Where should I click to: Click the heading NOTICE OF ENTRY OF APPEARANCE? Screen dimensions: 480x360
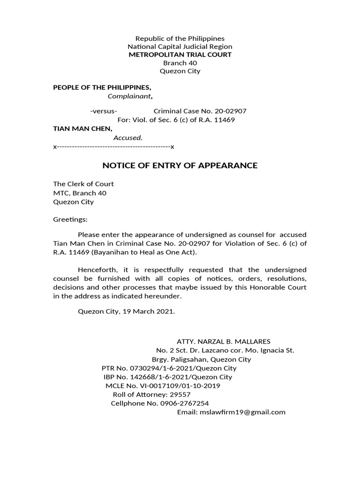180,165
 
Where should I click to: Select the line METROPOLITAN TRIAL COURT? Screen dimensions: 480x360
180,55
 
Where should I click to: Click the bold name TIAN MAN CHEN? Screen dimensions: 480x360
82,128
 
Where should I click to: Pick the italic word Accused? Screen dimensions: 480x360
127,138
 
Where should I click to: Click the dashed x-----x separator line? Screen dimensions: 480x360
113,147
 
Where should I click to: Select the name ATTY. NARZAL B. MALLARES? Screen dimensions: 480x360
223,341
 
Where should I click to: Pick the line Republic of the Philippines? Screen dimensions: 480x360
180,38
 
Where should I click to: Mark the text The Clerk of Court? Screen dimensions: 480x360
83,184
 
